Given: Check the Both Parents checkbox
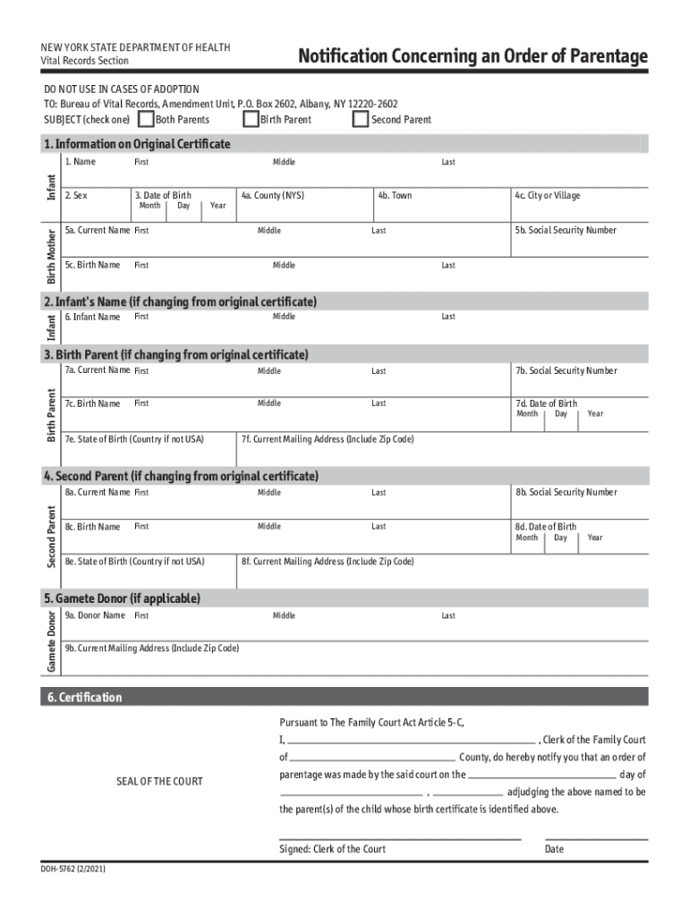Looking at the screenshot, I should pos(146,119).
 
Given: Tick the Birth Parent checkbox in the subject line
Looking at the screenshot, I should pos(251,119).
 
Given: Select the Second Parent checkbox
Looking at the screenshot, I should pos(360,119).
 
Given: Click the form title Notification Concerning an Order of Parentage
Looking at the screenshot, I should pos(472,56).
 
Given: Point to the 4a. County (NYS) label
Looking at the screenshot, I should pos(272,195).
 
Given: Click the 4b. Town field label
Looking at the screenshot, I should pos(395,195).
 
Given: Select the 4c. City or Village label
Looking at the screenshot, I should pos(547,195).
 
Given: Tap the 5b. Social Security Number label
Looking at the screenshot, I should pos(566,230).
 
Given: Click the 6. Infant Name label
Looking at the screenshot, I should pos(92,317).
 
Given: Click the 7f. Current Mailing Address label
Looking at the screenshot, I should pos(327,439).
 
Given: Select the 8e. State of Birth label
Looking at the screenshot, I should pos(134,562).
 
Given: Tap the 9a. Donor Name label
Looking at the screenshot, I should pos(95,615).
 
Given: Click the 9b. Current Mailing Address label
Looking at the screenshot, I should pos(151,648).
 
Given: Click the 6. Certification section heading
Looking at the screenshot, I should pos(82,697).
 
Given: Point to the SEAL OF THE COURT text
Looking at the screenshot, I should pos(159,781).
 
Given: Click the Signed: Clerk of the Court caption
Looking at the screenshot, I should pos(332,849).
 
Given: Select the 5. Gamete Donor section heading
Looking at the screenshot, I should pos(123,598).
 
